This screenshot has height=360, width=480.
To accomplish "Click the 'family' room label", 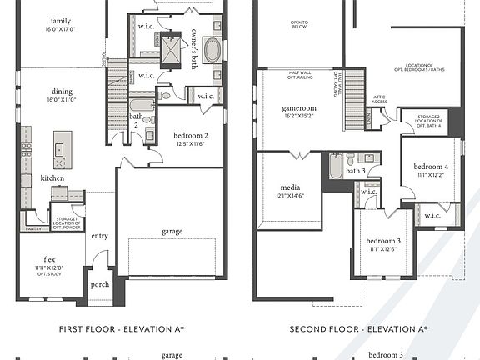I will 61,21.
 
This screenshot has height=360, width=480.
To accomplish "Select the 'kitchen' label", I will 54,179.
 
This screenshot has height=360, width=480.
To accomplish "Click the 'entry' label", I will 100,236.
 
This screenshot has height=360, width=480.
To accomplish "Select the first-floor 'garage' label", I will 172,231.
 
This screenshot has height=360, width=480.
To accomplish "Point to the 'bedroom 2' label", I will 191,135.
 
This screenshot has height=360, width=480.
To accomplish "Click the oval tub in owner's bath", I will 212,50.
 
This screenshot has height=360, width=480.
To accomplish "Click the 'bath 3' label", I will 357,171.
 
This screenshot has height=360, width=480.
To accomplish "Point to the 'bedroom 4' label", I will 432,167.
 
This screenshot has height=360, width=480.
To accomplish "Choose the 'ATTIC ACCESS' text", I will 379,101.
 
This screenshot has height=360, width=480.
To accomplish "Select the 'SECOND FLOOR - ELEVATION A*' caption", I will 358,329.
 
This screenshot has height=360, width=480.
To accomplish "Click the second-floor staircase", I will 355,88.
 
